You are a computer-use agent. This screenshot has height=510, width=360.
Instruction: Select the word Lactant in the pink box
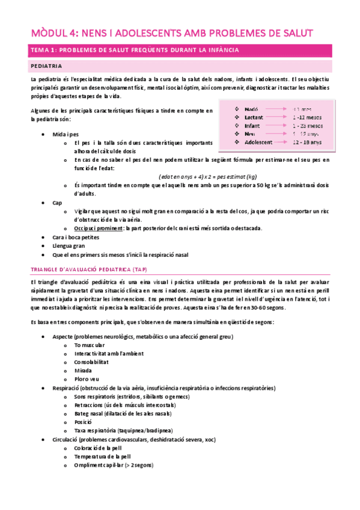point(255,117)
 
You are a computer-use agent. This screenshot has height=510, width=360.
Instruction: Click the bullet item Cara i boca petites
point(75,237)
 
